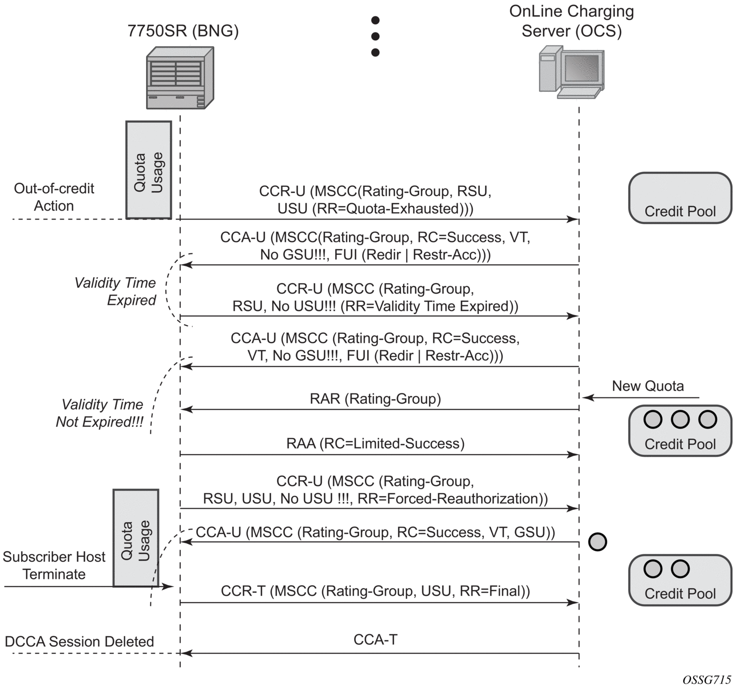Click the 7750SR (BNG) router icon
(180, 78)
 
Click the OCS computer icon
(572, 72)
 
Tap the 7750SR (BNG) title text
(183, 31)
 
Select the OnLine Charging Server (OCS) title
(572, 21)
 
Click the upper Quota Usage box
(148, 170)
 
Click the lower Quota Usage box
(136, 538)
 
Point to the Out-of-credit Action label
(54, 197)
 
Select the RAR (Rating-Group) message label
(375, 399)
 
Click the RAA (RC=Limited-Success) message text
(375, 444)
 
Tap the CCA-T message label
(375, 640)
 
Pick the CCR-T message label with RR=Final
(375, 591)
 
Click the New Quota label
(648, 386)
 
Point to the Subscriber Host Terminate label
(54, 565)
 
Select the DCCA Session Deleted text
(79, 642)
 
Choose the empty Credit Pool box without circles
(680, 198)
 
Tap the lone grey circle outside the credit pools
(597, 541)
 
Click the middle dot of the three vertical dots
(375, 36)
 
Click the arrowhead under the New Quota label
(587, 397)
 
